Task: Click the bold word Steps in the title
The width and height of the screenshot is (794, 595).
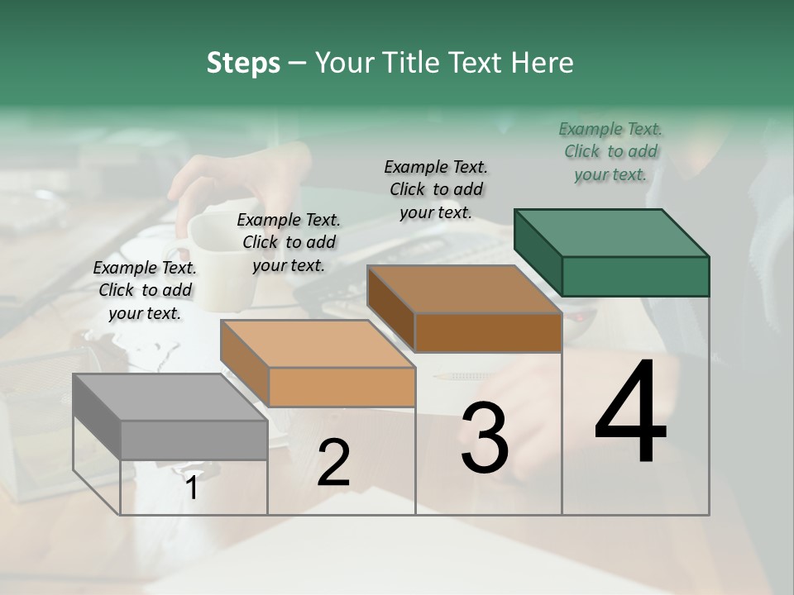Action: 243,63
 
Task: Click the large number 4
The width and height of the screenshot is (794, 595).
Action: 630,413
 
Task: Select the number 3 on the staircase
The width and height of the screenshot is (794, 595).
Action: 485,439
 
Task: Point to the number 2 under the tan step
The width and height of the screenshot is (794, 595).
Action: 333,463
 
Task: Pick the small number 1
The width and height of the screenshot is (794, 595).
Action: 192,488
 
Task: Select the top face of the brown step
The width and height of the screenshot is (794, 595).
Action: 464,289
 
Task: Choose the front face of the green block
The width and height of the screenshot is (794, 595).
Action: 635,276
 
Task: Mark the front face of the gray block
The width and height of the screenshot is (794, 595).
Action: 194,440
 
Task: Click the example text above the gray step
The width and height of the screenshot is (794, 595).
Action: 145,290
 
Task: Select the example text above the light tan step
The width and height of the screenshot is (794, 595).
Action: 289,242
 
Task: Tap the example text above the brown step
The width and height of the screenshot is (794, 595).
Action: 436,189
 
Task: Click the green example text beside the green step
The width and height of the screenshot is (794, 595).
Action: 610,151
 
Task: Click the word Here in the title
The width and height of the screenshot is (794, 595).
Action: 546,63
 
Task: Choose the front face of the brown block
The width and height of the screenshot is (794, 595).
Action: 488,333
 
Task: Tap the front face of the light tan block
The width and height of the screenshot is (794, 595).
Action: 342,387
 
